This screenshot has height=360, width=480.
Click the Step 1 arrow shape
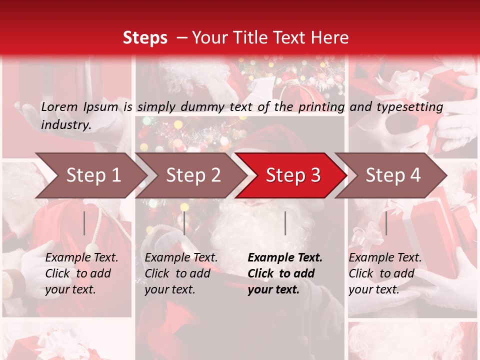click(92, 175)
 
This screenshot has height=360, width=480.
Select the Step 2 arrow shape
click(192, 175)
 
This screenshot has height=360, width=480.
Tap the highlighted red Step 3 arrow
click(292, 175)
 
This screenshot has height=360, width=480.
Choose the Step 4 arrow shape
click(392, 175)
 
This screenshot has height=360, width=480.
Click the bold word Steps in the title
click(145, 37)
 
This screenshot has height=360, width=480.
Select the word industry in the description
click(66, 124)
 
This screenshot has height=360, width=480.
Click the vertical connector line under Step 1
click(84, 223)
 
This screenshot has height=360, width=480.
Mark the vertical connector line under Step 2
click(184, 223)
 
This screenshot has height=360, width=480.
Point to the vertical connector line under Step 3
click(285, 223)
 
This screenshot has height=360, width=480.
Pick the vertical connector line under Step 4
click(386, 223)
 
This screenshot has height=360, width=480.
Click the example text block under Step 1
click(81, 273)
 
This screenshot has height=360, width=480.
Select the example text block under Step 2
click(181, 273)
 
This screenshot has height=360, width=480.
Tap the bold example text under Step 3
click(285, 273)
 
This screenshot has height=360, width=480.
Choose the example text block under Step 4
click(385, 273)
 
